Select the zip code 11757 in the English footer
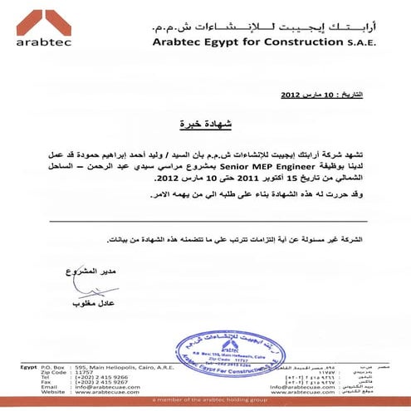tap(86, 371)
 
